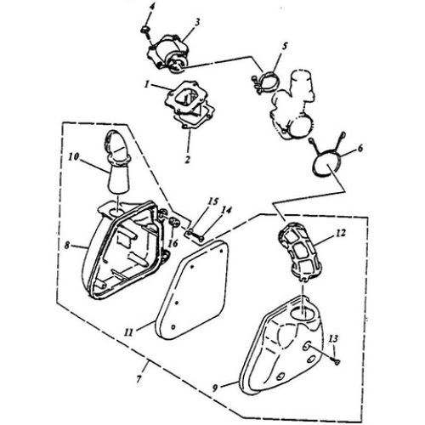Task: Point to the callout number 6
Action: [360, 149]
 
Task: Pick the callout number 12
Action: [341, 233]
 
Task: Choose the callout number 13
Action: [334, 338]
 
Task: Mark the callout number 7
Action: [139, 379]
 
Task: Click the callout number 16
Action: [173, 243]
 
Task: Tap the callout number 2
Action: [187, 160]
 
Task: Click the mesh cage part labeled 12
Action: [301, 251]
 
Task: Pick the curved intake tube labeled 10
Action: [116, 163]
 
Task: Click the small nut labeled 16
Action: [173, 221]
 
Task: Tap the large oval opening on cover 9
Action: [303, 312]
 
